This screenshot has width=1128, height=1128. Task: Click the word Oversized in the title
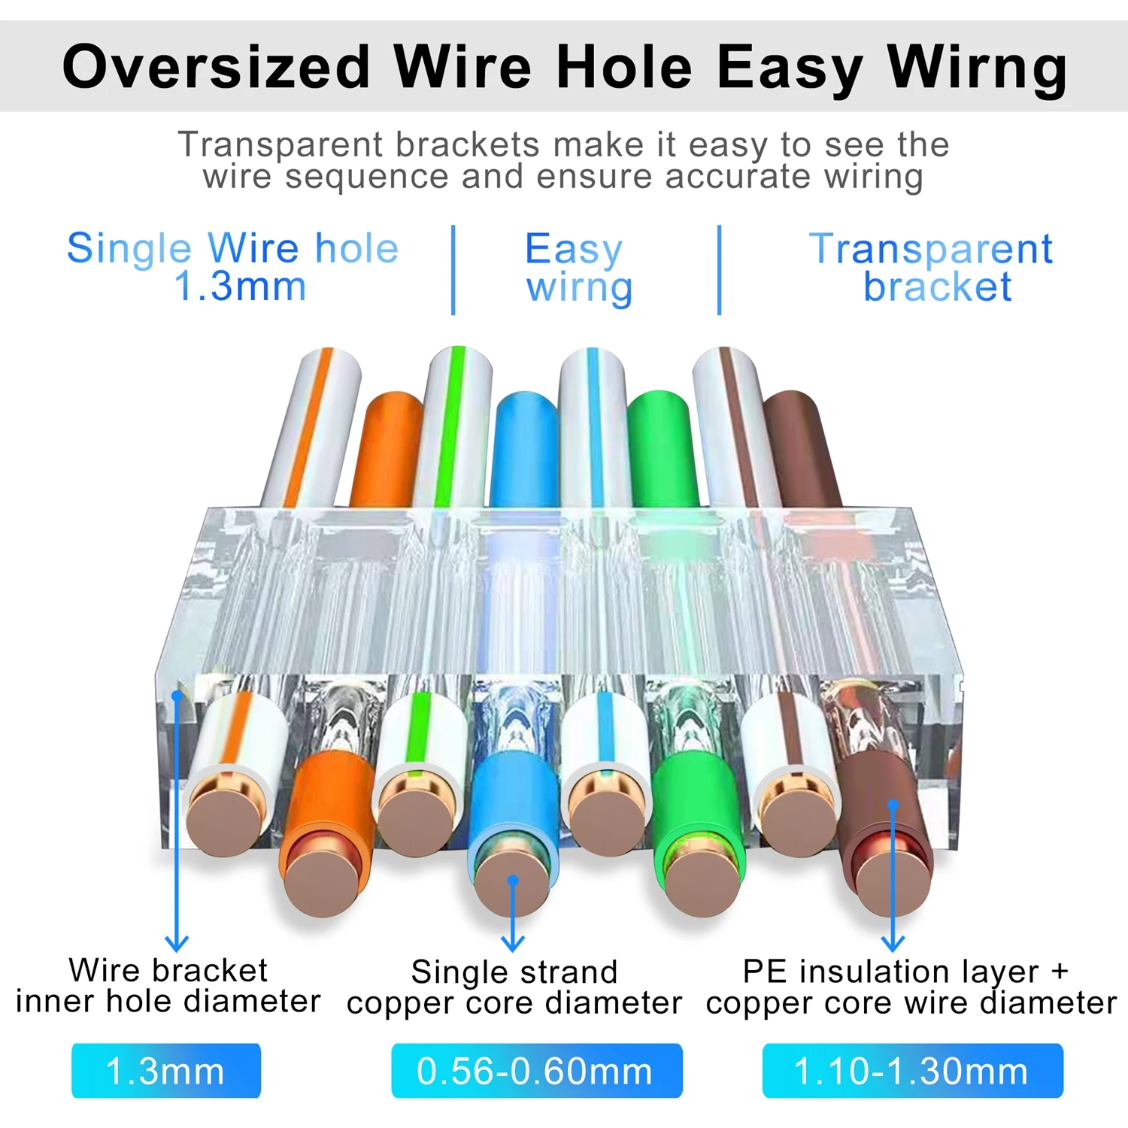tap(217, 67)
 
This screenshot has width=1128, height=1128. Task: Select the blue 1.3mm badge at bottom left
tap(166, 1070)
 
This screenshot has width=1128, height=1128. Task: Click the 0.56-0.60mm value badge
tap(536, 1070)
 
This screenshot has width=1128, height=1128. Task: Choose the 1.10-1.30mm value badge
tap(912, 1070)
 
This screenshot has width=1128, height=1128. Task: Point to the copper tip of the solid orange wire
tap(321, 881)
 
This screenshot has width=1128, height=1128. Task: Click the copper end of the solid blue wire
tap(512, 881)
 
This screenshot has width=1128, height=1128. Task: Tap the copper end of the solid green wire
tap(702, 881)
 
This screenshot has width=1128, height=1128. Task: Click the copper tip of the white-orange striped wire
tap(223, 818)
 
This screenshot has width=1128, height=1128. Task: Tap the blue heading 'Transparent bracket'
tap(931, 268)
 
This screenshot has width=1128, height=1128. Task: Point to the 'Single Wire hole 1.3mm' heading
tap(233, 267)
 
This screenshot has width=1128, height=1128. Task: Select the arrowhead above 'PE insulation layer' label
tap(893, 944)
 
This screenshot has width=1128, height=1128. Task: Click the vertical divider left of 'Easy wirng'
tap(453, 269)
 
